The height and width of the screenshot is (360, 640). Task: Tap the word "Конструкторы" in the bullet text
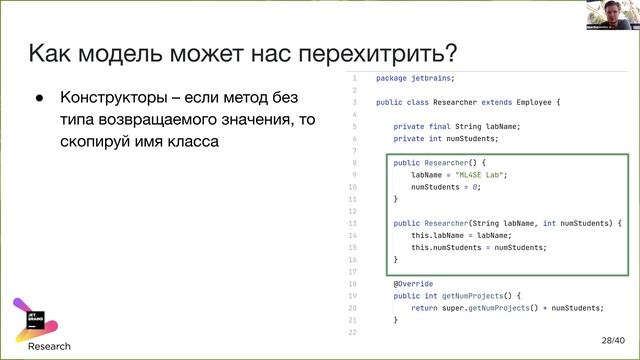click(x=110, y=98)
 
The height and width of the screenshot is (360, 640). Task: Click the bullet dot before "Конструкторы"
click(x=41, y=99)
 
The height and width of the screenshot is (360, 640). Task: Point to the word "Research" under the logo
click(x=49, y=346)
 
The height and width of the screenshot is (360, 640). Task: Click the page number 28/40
click(x=612, y=340)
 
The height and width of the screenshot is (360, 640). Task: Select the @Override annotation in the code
click(x=412, y=283)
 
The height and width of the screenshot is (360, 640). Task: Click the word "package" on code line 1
click(x=392, y=77)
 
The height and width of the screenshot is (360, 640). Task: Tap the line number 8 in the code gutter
click(x=354, y=161)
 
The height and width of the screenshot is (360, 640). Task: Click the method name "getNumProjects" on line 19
click(x=469, y=295)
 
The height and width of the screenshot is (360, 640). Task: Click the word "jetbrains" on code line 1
click(x=432, y=77)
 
